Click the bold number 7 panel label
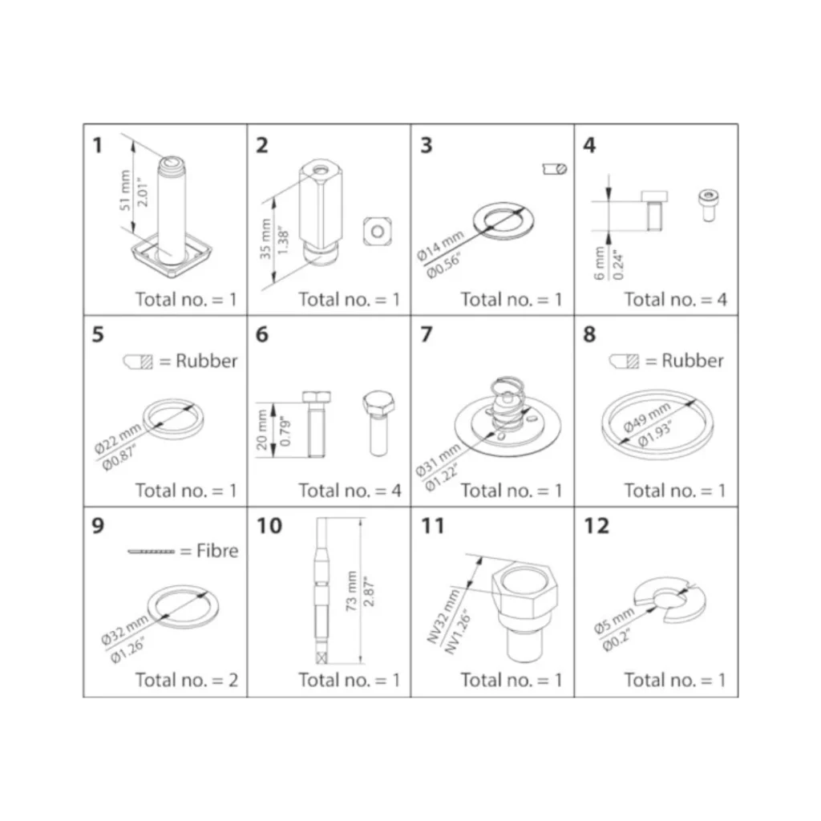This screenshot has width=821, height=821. [x=427, y=334]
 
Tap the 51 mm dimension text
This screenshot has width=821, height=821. [x=124, y=190]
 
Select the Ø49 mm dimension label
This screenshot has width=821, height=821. [x=647, y=418]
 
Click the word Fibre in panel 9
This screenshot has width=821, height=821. [x=217, y=550]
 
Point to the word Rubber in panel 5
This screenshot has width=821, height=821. [x=206, y=361]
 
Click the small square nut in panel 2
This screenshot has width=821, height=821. [x=378, y=232]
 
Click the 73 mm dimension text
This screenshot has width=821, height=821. [x=351, y=591]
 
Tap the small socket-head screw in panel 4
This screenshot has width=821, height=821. [x=708, y=205]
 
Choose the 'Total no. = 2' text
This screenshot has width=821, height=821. [x=186, y=680]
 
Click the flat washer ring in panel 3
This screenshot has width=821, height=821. [x=504, y=220]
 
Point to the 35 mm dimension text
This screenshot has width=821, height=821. [x=265, y=239]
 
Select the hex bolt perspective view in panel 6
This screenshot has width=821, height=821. [x=378, y=423]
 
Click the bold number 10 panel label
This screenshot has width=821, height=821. [x=269, y=526]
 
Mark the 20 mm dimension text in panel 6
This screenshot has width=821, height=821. [x=262, y=430]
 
